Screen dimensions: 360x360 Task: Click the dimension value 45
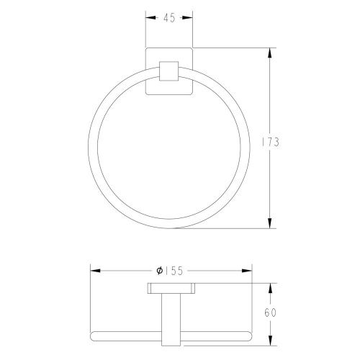169,18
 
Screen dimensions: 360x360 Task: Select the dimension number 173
270,142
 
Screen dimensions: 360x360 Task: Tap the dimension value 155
174,271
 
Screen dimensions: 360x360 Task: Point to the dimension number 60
271,312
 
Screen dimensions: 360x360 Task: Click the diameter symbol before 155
160,271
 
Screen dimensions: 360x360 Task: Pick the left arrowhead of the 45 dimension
150,17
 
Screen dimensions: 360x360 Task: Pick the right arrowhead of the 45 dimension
187,17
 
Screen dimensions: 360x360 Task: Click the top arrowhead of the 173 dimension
270,53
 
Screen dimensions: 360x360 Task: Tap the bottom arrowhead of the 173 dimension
270,223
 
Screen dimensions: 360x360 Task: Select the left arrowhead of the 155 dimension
95,271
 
